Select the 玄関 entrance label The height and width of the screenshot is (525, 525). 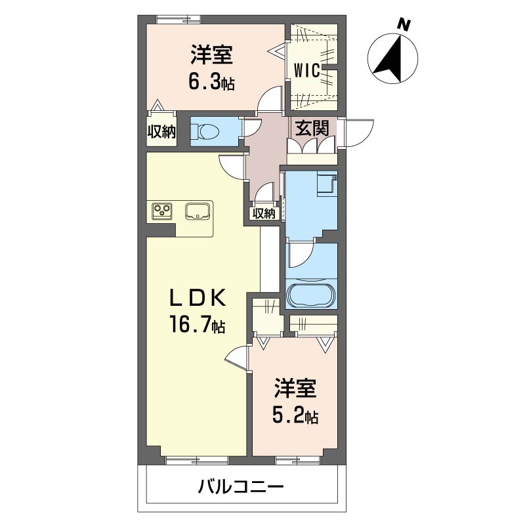point(311,129)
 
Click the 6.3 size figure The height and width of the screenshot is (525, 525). point(207,83)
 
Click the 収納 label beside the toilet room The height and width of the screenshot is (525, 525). point(161,131)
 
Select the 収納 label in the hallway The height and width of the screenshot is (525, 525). point(263,213)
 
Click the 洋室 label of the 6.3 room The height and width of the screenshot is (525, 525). point(211,55)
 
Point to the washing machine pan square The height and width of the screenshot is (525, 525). point(326,184)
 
